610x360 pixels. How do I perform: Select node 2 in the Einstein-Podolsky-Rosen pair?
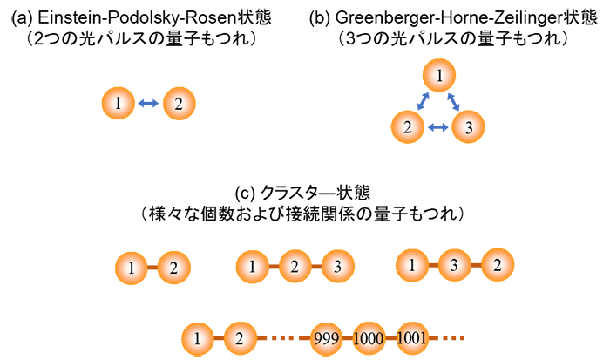pos(178,105)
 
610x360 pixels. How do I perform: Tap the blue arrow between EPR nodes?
pos(148,105)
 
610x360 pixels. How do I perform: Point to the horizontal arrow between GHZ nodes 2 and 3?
pos(438,128)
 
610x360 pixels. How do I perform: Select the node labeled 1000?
pos(369,336)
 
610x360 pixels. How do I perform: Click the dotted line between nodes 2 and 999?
pos(280,336)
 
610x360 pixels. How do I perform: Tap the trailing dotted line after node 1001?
pos(449,336)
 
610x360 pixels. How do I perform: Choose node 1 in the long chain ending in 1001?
pos(198,336)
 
